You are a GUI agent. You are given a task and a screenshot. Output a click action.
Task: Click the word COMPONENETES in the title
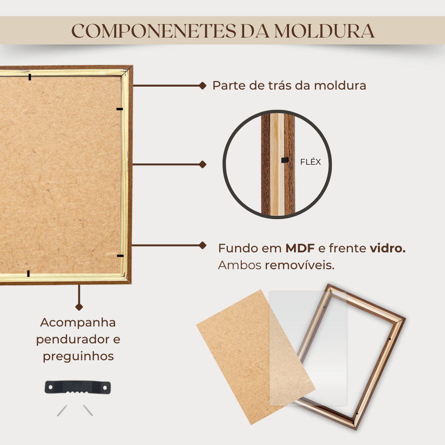154,31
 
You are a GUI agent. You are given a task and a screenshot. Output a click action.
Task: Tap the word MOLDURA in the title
324,31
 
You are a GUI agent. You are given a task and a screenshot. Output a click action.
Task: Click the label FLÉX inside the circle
311,162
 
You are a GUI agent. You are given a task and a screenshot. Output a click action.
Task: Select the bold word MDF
300,249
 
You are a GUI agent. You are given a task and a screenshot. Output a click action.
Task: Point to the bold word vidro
388,249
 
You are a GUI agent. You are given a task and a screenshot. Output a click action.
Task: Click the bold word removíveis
300,265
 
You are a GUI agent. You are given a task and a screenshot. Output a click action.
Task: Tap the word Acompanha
78,323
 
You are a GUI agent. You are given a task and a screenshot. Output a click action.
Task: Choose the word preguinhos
79,356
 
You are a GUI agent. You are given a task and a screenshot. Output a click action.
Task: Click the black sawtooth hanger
78,387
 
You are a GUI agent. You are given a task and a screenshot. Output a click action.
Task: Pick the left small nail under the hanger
62,410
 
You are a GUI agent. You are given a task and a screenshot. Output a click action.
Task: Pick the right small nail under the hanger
88,410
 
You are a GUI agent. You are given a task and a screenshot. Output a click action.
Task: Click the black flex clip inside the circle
285,160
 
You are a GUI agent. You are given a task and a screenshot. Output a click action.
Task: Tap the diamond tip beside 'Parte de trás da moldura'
203,85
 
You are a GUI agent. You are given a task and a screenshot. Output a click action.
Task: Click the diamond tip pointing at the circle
203,164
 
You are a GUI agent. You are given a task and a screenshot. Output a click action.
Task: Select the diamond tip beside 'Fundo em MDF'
203,245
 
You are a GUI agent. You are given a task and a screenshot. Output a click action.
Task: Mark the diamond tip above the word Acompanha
79,307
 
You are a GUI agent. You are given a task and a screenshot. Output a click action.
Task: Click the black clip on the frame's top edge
29,77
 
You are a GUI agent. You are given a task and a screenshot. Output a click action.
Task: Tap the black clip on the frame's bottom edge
28,274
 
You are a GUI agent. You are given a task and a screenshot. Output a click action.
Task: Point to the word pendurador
73,340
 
